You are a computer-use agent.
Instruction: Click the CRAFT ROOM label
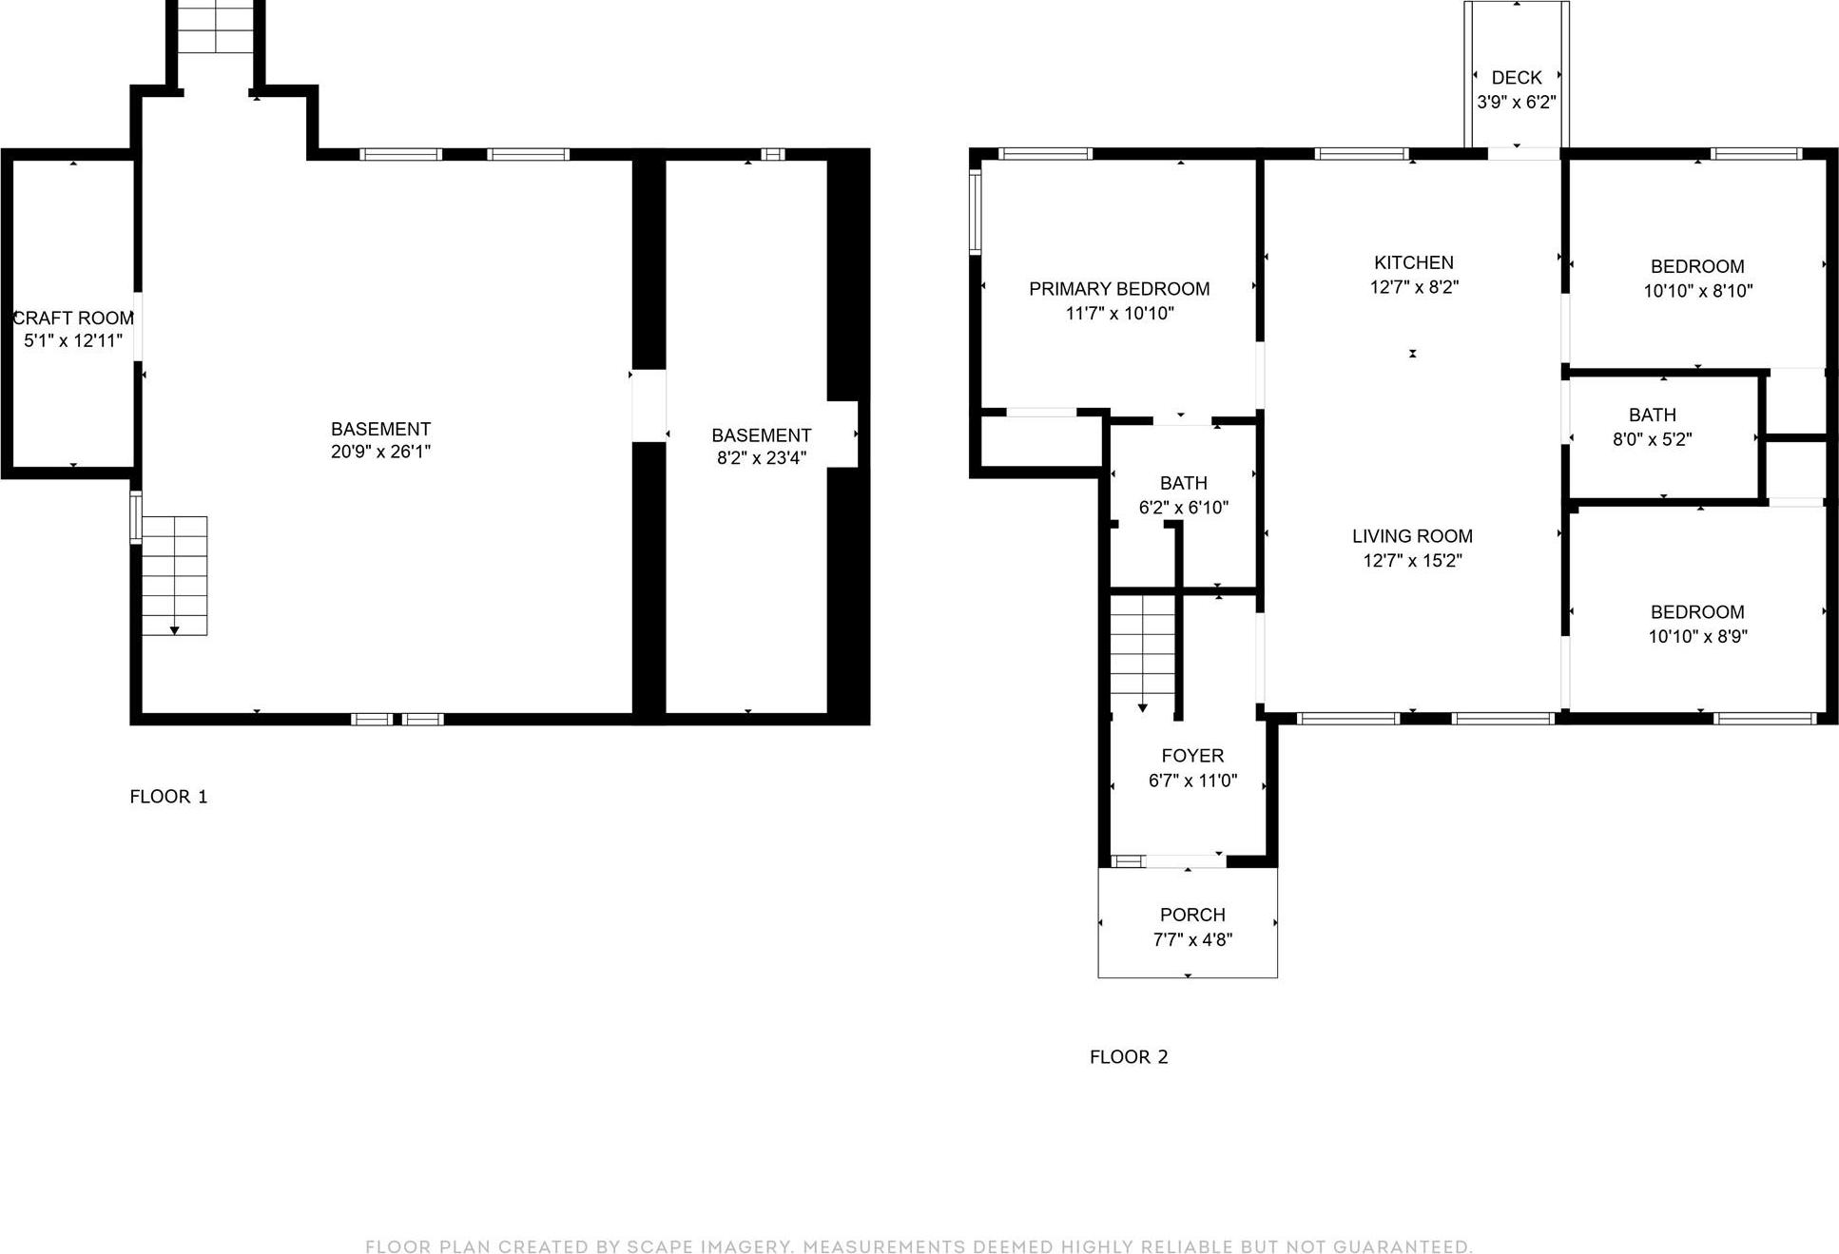(73, 318)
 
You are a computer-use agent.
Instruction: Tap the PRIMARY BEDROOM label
(1119, 289)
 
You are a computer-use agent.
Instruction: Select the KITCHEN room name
(1413, 262)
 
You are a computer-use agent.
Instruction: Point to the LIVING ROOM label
(1412, 536)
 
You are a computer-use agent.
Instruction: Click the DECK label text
(1516, 78)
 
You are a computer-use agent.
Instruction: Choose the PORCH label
(1192, 915)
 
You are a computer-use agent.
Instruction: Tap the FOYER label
(1192, 756)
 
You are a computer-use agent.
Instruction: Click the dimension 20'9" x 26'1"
(380, 452)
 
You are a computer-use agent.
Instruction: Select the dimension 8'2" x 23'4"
(761, 457)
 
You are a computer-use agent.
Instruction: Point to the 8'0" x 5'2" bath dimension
(1652, 439)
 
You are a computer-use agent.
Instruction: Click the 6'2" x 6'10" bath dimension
(1183, 508)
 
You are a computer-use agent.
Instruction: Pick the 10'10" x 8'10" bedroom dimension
(1697, 291)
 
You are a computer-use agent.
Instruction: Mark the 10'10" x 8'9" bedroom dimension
(1697, 636)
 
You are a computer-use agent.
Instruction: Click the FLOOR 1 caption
(168, 797)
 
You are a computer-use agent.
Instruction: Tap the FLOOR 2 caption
(1129, 1056)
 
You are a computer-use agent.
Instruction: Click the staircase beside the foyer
(1143, 651)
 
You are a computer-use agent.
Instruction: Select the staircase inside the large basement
(175, 575)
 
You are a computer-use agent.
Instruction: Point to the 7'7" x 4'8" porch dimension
(1192, 939)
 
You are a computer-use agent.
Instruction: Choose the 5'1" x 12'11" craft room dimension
(73, 340)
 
